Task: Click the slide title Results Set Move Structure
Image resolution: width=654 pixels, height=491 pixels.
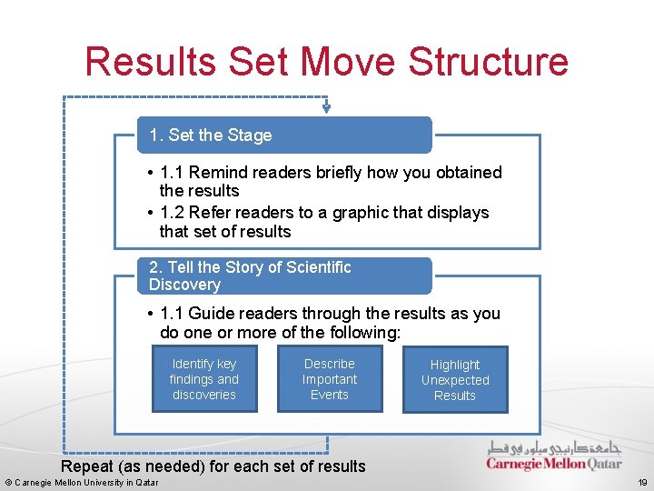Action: [x=326, y=62]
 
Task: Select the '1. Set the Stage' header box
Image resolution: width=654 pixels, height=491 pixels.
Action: [x=284, y=135]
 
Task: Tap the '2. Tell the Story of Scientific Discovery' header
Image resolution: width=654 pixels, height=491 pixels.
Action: [x=284, y=276]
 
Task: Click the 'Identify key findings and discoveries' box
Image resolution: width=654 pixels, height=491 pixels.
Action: [x=204, y=379]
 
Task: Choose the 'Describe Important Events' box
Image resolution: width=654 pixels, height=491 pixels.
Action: [x=330, y=379]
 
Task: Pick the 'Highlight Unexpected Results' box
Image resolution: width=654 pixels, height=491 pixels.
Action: [x=455, y=380]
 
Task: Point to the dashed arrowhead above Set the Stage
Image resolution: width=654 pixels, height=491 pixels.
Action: [x=326, y=108]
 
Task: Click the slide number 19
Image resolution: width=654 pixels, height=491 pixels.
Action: [x=642, y=482]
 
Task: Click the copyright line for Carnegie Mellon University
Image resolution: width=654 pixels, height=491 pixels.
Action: [x=82, y=482]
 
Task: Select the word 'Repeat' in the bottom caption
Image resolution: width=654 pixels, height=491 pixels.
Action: [x=87, y=466]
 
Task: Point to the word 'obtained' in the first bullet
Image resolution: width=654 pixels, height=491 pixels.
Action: [x=470, y=172]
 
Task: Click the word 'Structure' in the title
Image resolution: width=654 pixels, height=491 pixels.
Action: [x=489, y=62]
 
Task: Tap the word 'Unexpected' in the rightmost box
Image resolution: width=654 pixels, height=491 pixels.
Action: [x=455, y=380]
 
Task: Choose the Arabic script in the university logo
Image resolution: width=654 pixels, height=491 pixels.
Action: [x=555, y=447]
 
